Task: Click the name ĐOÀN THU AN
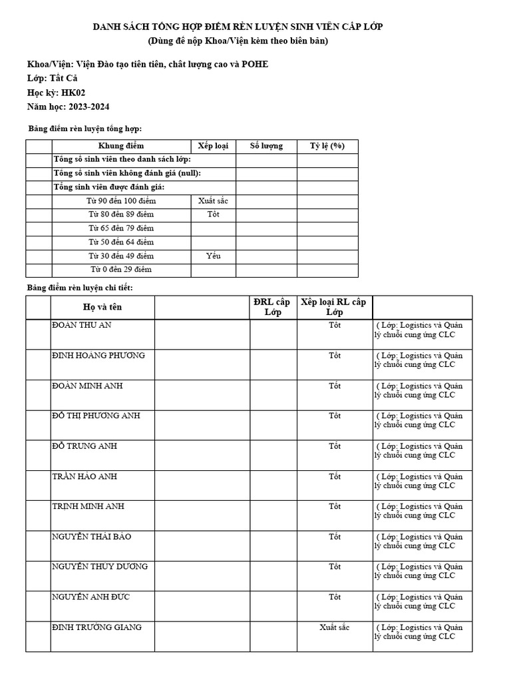point(81,325)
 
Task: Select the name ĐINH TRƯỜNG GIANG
point(96,627)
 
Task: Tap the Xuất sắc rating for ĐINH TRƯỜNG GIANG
point(334,627)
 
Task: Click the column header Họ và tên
point(102,307)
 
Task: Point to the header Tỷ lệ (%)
point(327,146)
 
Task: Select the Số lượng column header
point(266,146)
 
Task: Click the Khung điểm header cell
point(121,146)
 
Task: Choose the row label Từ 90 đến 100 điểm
point(121,200)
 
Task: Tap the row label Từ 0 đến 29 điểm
point(121,270)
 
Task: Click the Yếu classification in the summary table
point(213,256)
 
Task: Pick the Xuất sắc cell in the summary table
point(213,200)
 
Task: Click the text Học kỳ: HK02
point(56,93)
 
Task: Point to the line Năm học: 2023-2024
point(68,107)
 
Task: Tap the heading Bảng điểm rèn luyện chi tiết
point(80,287)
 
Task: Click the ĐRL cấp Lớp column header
point(273,307)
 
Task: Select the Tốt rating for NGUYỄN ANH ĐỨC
point(334,597)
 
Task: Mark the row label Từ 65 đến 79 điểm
point(121,228)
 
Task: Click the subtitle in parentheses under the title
point(238,41)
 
